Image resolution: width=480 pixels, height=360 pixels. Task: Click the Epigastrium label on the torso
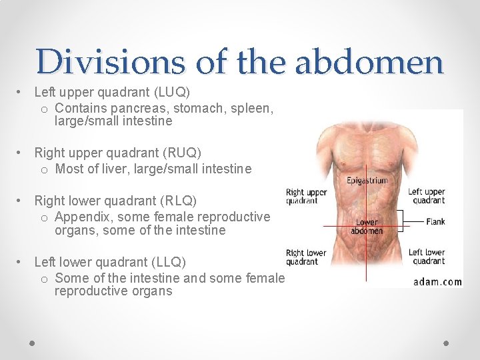[367, 181]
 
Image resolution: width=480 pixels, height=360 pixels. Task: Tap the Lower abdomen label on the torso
[367, 227]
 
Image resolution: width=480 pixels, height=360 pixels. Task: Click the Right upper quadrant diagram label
[307, 196]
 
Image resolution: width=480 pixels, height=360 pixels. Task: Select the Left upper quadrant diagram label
[427, 196]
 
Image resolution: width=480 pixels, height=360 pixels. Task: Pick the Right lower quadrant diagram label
[307, 257]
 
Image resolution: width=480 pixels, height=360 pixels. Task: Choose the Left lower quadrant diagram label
[427, 257]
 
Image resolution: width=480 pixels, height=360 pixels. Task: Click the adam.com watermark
[437, 281]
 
